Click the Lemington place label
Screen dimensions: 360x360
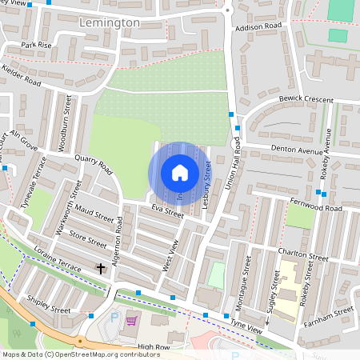point(110,23)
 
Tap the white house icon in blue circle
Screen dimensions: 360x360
point(180,172)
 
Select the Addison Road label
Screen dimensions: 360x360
point(259,26)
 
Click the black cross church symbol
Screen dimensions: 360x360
point(101,268)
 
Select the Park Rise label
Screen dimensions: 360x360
point(37,45)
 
